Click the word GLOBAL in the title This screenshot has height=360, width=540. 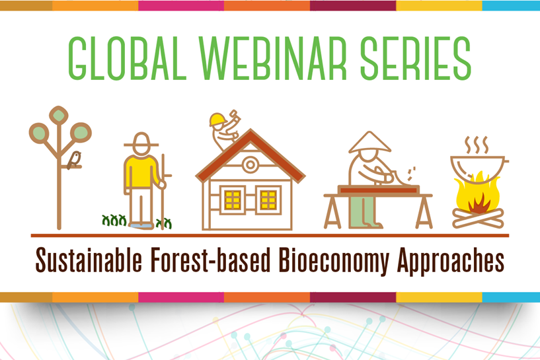pyautogui.click(x=128, y=58)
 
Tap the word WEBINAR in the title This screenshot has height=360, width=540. pyautogui.click(x=272, y=58)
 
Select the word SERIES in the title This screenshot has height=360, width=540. pyautogui.click(x=416, y=58)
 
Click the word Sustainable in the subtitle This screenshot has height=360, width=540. pyautogui.click(x=89, y=260)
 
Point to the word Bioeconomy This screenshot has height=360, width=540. pyautogui.click(x=334, y=261)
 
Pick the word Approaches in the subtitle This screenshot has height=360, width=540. pyautogui.click(x=451, y=261)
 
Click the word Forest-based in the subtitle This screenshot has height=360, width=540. pyautogui.click(x=211, y=260)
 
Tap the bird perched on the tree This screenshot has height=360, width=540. pyautogui.click(x=74, y=160)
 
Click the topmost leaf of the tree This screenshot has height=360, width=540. pyautogui.click(x=59, y=115)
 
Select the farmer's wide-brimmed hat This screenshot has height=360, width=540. pyautogui.click(x=141, y=141)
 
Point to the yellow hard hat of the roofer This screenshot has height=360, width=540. pyautogui.click(x=217, y=120)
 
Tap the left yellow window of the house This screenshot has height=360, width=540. pyautogui.click(x=233, y=200)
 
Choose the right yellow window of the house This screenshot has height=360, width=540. pyautogui.click(x=268, y=200)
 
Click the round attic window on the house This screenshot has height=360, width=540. pyautogui.click(x=251, y=165)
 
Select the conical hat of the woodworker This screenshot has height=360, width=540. pyautogui.click(x=370, y=143)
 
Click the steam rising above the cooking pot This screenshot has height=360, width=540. pyautogui.click(x=477, y=145)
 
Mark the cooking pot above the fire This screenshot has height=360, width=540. pyautogui.click(x=477, y=170)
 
